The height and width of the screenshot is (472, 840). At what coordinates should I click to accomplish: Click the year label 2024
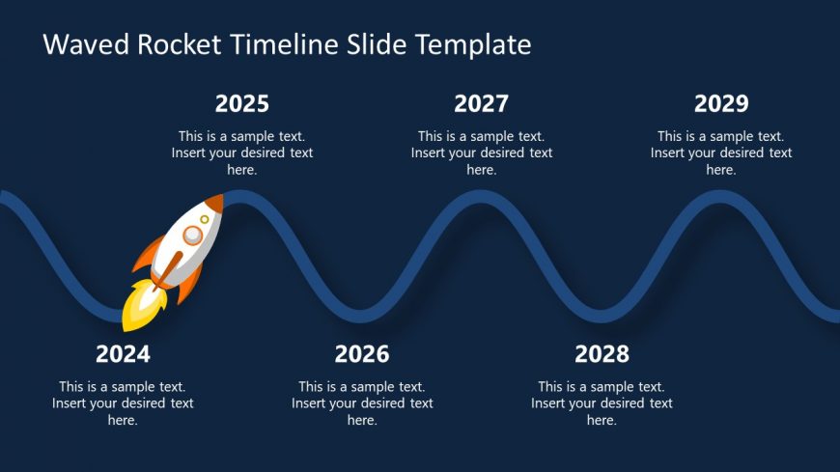point(123,354)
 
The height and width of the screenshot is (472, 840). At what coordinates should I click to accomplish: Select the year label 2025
point(242,104)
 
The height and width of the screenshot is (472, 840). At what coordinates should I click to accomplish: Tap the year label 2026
point(362,354)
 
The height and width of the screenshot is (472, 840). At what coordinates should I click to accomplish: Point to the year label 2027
point(481,104)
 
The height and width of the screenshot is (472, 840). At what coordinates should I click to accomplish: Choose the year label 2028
point(602,354)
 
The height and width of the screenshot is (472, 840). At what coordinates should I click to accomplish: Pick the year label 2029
point(721,104)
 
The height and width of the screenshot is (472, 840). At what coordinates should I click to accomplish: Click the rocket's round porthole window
point(193,235)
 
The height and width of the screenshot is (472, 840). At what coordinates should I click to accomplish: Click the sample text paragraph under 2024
point(123,403)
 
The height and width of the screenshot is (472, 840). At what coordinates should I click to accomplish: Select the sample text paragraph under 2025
point(242,153)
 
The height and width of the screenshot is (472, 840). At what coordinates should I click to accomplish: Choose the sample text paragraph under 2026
point(362,403)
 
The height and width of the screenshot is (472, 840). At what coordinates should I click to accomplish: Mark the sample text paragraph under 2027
point(481,153)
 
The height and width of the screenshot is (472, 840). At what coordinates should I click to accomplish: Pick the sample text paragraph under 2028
point(602,403)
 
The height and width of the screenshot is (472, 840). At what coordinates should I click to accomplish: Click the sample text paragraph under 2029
point(721,153)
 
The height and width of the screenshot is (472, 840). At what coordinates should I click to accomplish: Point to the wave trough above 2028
point(602,316)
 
